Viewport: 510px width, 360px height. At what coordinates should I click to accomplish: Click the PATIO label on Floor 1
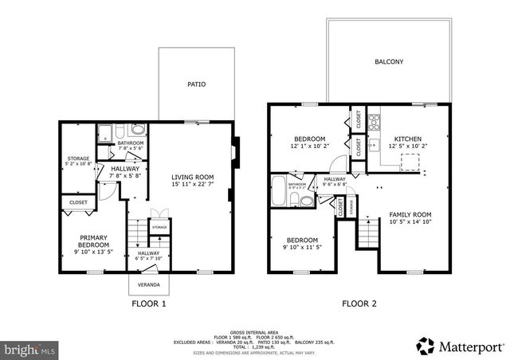196,83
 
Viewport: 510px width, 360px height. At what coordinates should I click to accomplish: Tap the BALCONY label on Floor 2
388,61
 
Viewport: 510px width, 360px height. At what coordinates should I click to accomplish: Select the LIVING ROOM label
194,177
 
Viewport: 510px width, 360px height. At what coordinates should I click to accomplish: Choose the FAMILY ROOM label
410,214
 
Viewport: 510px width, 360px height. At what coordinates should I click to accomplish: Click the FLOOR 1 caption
148,303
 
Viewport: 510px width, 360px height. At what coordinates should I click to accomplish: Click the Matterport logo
460,346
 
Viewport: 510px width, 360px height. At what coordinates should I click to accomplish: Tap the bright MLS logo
29,349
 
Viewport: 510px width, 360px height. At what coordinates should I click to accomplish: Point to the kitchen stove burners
374,122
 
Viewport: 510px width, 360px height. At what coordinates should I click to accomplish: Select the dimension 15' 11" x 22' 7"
194,185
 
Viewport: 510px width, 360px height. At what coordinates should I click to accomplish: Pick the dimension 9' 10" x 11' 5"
303,248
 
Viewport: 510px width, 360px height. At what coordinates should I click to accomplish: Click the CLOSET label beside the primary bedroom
78,202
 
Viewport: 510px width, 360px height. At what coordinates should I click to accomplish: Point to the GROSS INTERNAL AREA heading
253,331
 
